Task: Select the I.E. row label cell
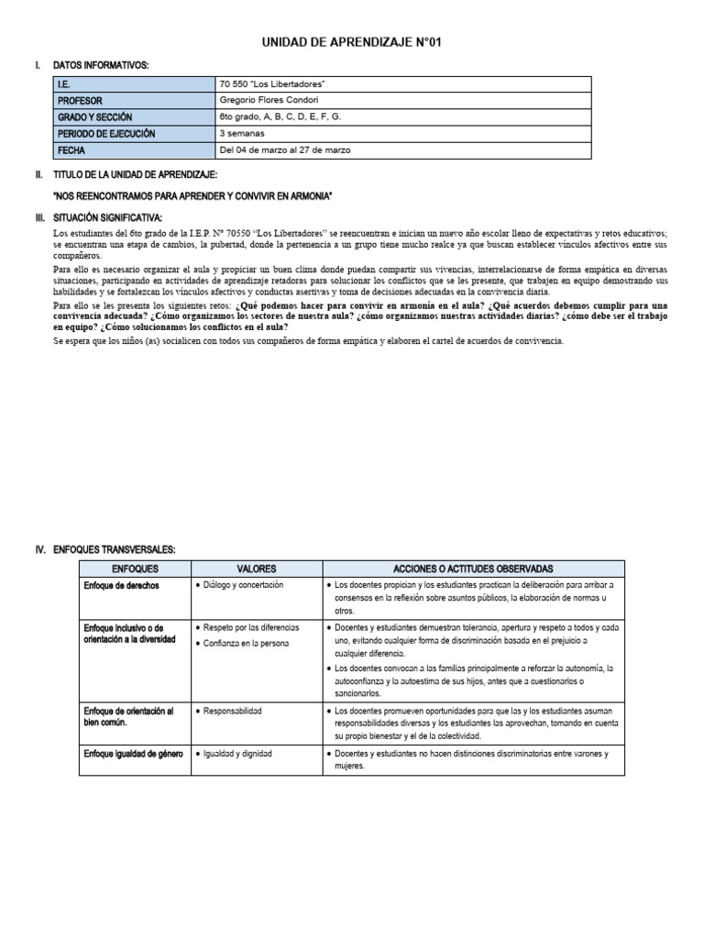pyautogui.click(x=134, y=84)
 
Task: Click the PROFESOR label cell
pyautogui.click(x=134, y=101)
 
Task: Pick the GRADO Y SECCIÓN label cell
pyautogui.click(x=134, y=117)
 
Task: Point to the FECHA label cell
pyautogui.click(x=134, y=150)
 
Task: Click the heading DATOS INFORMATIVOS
pyautogui.click(x=101, y=65)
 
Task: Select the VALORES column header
pyautogui.click(x=256, y=569)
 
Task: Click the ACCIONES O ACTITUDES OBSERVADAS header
pyautogui.click(x=473, y=569)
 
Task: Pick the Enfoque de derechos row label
pyautogui.click(x=120, y=584)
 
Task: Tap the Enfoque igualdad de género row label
pyautogui.click(x=133, y=754)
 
